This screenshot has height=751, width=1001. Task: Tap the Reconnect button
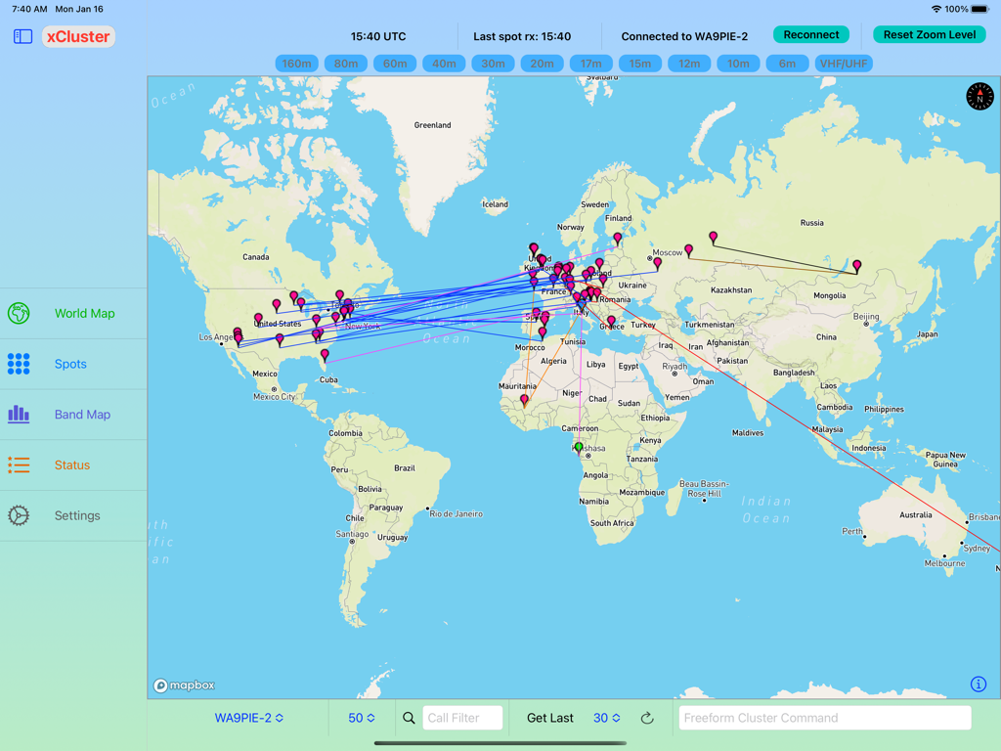(x=810, y=34)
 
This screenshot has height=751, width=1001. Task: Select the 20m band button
(x=542, y=64)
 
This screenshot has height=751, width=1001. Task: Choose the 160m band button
(x=296, y=64)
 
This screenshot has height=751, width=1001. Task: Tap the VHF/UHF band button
(x=843, y=64)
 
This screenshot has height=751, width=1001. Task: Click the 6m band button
(x=787, y=64)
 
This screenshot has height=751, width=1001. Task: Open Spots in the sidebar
(x=70, y=364)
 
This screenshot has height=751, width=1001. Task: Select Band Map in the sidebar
(x=82, y=415)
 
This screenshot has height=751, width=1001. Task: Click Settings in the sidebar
(x=77, y=515)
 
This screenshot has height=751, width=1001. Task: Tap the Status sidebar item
(x=72, y=465)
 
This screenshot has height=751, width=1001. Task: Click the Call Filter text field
(x=461, y=718)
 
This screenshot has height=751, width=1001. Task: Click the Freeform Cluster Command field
(x=824, y=718)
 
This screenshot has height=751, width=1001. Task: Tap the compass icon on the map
(x=979, y=96)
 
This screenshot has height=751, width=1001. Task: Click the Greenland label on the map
(x=432, y=125)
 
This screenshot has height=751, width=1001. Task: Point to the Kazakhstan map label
(x=731, y=290)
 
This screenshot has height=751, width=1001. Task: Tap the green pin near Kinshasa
(x=579, y=447)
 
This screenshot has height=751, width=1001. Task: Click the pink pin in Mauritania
(x=525, y=399)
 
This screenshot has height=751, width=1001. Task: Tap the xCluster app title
(x=78, y=36)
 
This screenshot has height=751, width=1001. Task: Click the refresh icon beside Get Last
(x=647, y=718)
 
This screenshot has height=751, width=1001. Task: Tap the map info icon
(x=978, y=685)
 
